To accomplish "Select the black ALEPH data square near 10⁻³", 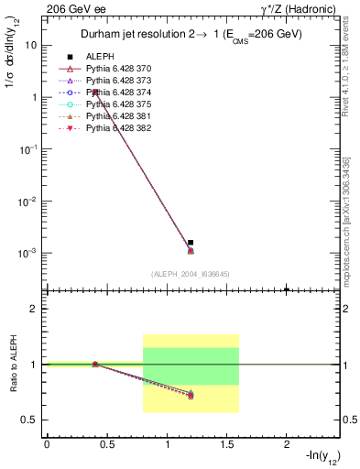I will point(191,243).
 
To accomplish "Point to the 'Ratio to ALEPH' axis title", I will point(15,365).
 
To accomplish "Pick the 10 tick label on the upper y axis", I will point(30,44).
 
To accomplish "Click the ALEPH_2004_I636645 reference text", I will point(190,274).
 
